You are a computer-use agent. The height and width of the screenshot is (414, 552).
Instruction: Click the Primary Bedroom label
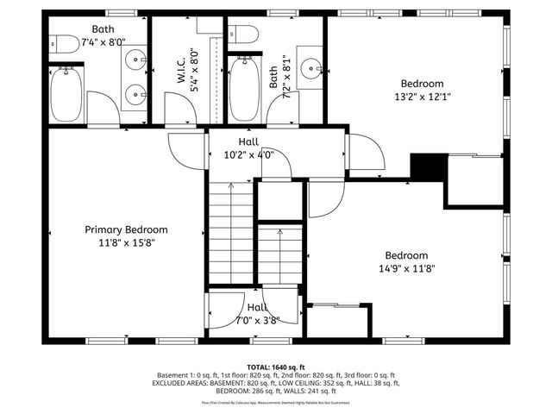point(126,229)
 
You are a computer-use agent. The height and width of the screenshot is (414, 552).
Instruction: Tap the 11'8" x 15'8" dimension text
point(126,242)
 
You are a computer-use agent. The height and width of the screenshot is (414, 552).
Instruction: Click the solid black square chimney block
point(426,166)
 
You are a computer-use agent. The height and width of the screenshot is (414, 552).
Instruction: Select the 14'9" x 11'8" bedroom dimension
point(405,268)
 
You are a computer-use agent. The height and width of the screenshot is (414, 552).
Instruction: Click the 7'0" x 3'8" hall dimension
point(256,320)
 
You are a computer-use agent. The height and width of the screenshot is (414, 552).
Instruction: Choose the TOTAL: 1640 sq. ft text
point(276,367)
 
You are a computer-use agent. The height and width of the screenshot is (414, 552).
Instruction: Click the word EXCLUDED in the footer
point(172,383)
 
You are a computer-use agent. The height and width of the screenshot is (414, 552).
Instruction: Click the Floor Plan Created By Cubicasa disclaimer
point(276,402)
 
